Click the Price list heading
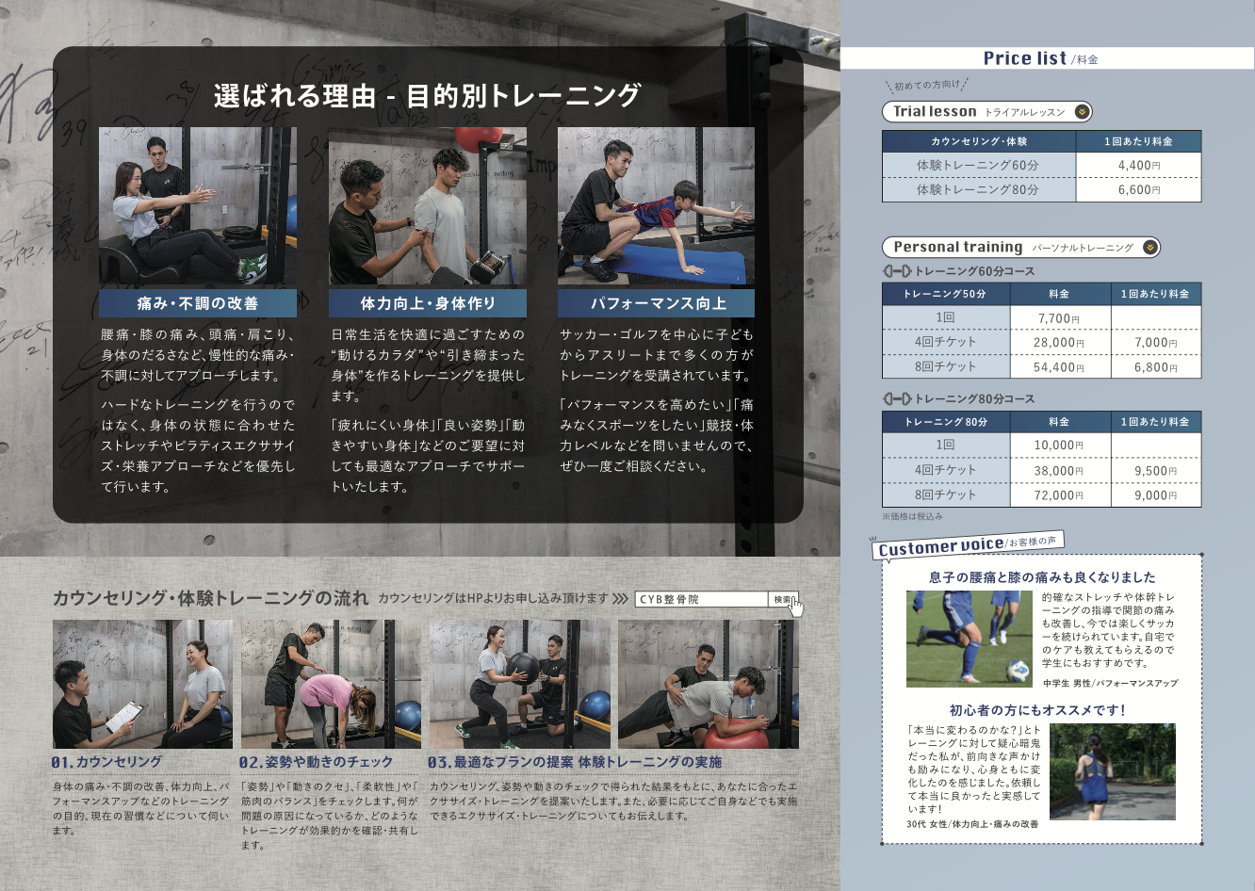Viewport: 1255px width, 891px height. click(1025, 58)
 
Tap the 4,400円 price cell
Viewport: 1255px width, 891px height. click(1138, 166)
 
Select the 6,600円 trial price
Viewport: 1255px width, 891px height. click(1138, 189)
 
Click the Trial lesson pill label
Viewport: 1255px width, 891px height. click(935, 111)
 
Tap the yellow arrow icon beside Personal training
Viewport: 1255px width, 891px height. click(1149, 248)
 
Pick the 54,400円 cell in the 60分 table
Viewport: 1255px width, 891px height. click(1059, 367)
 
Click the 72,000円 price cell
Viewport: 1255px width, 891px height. click(1059, 495)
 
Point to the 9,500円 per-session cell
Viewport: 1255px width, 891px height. click(1155, 471)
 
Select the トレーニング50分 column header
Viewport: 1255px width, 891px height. click(945, 294)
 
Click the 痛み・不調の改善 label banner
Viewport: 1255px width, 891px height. click(198, 303)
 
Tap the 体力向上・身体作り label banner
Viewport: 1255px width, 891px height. click(428, 303)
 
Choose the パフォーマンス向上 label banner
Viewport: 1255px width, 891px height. click(658, 303)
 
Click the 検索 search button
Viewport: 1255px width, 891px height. click(783, 600)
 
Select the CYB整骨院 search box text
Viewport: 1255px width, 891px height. click(669, 600)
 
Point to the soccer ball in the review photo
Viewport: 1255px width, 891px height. click(1018, 671)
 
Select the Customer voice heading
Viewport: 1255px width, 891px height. click(940, 547)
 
